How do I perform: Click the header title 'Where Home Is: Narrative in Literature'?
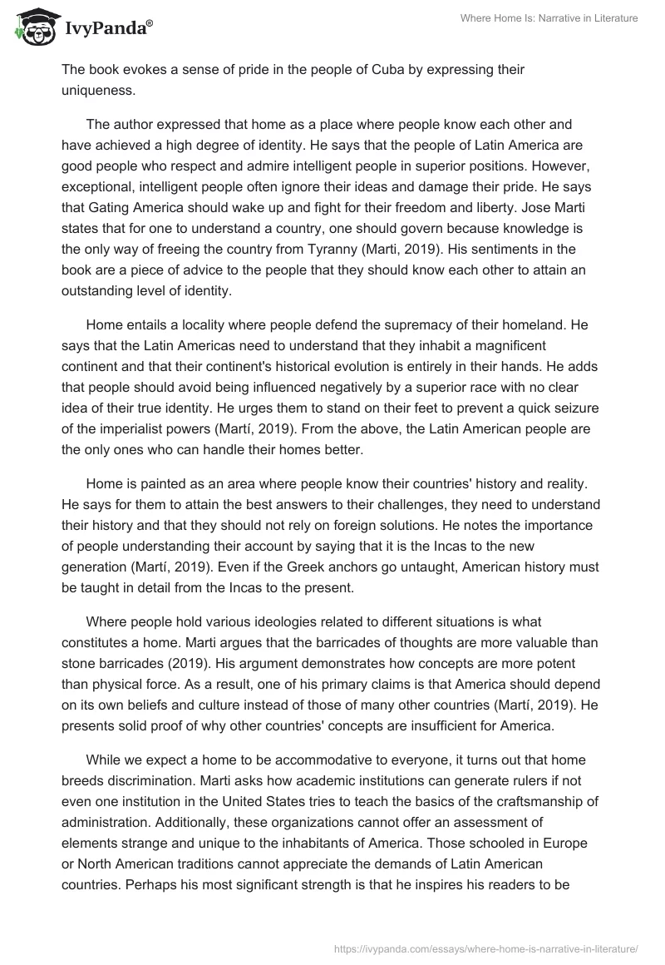549,18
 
